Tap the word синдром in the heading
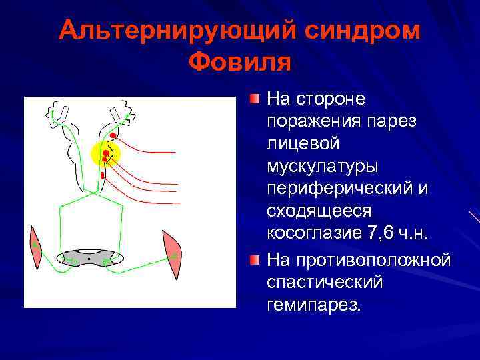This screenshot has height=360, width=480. [x=359, y=31]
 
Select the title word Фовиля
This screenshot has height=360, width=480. [x=240, y=63]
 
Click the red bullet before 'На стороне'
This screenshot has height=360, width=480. [x=255, y=99]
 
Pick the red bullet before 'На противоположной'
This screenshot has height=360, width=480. [x=255, y=259]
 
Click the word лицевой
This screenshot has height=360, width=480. [x=303, y=143]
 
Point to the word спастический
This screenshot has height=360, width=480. [x=325, y=282]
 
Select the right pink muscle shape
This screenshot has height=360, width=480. [x=171, y=253]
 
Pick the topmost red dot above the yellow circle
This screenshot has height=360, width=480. [x=113, y=135]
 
